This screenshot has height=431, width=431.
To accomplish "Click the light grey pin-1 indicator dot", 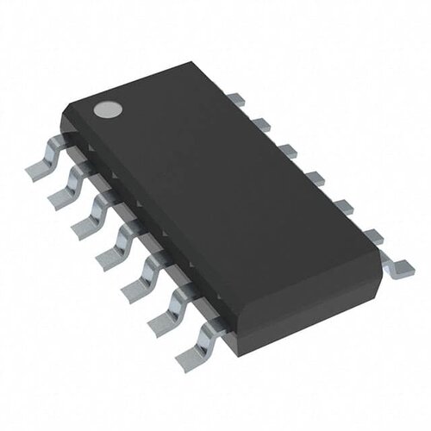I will pyautogui.click(x=106, y=110).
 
